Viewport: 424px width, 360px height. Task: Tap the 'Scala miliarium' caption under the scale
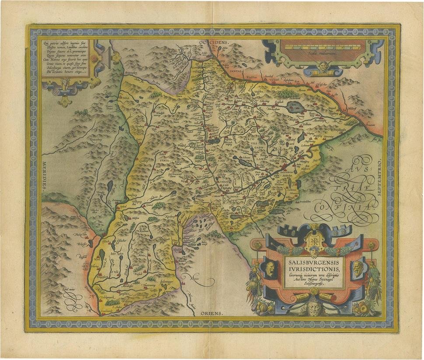(321, 52)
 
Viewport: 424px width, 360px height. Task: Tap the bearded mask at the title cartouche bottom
(314, 308)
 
